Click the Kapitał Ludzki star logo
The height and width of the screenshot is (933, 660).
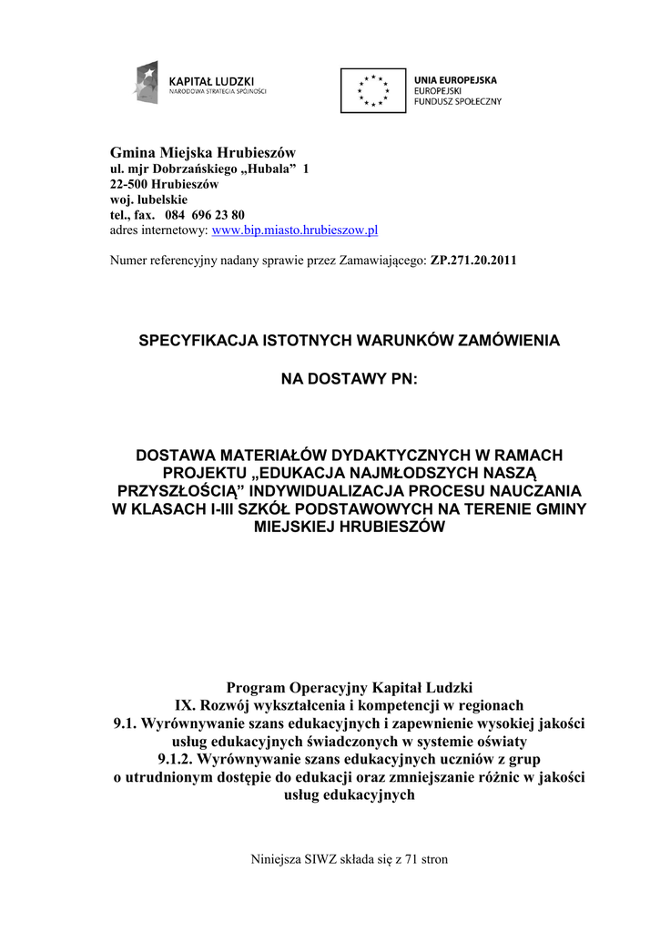[x=147, y=83]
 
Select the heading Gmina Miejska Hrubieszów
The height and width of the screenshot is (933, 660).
[x=203, y=151]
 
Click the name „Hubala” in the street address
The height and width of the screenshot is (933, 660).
[x=269, y=169]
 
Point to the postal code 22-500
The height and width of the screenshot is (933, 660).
[x=128, y=184]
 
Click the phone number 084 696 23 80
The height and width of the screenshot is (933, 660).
[x=205, y=215]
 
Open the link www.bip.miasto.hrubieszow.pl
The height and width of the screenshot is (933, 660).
[x=294, y=231]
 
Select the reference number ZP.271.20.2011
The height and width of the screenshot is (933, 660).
[x=473, y=261]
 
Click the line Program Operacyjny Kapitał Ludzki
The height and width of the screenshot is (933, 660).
[x=350, y=687]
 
